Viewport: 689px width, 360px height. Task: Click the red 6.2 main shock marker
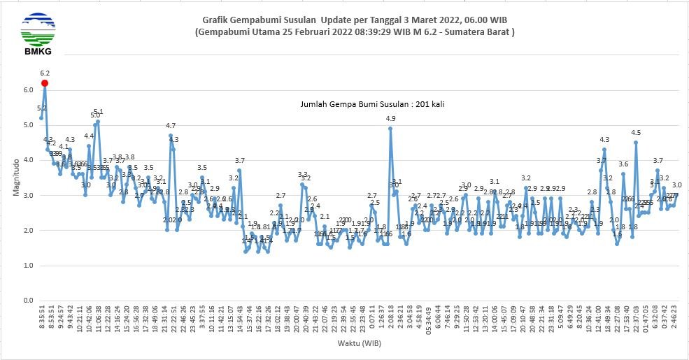click(45, 83)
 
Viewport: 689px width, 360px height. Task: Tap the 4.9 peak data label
click(390, 119)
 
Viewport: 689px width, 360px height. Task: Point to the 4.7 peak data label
click(171, 126)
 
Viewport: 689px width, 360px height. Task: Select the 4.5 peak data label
click(636, 133)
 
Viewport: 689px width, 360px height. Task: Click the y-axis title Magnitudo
click(16, 175)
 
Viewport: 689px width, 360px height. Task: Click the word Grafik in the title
click(218, 21)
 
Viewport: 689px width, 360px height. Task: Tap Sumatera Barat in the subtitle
click(481, 32)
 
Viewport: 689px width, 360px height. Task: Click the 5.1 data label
click(99, 112)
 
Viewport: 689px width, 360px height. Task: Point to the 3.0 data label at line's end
click(677, 185)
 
